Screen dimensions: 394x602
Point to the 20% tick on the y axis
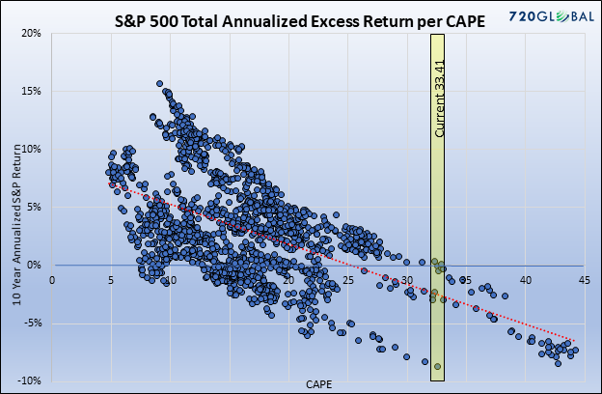pyautogui.click(x=32, y=33)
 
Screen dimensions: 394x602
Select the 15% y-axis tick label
pyautogui.click(x=32, y=91)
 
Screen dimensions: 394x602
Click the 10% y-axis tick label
pyautogui.click(x=32, y=149)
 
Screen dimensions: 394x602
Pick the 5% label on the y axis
pyautogui.click(x=35, y=207)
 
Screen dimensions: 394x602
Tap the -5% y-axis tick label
pyautogui.click(x=33, y=323)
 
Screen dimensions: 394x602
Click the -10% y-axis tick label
pyautogui.click(x=31, y=380)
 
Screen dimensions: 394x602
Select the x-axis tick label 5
pyautogui.click(x=110, y=280)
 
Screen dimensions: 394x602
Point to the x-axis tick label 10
pyautogui.click(x=170, y=280)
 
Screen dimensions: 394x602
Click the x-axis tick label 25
pyautogui.click(x=347, y=280)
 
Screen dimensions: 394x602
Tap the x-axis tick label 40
pyautogui.click(x=525, y=280)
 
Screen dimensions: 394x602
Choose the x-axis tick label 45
pyautogui.click(x=584, y=280)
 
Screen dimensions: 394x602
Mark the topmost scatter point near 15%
pyautogui.click(x=160, y=84)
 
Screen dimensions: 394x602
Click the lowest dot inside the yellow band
pyautogui.click(x=437, y=366)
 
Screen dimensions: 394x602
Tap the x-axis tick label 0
pyautogui.click(x=51, y=280)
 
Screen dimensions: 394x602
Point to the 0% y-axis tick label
pyautogui.click(x=35, y=265)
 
